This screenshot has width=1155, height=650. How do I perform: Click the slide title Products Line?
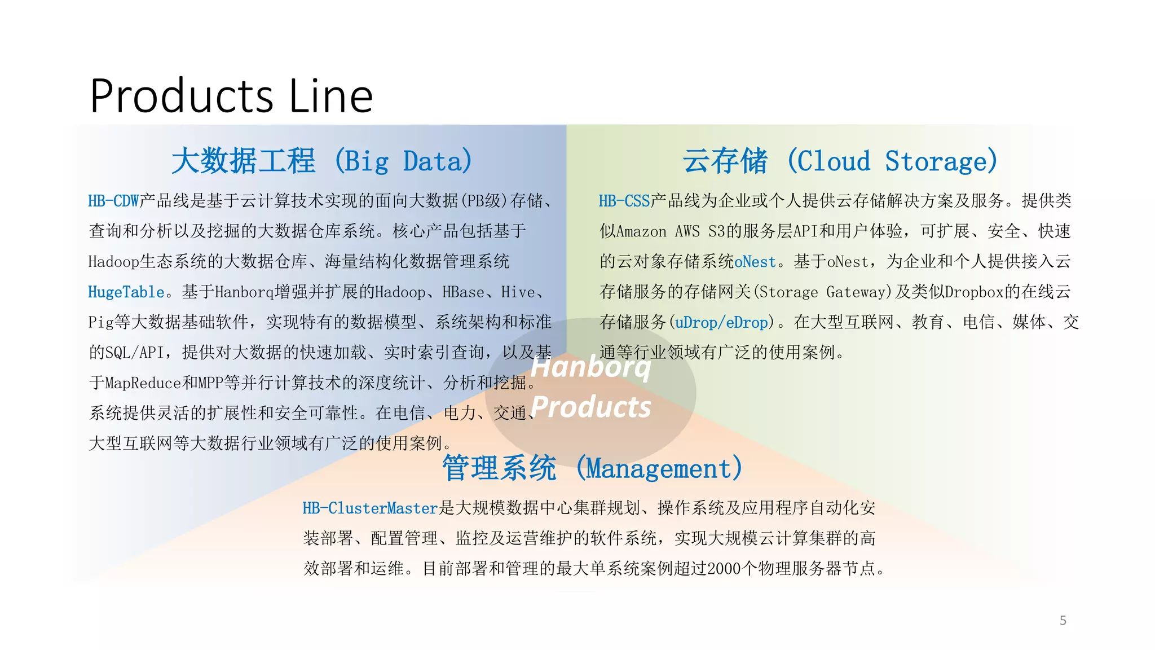[231, 96]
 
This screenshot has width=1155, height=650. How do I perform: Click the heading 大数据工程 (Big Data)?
[321, 161]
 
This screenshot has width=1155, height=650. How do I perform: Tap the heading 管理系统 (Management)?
[592, 468]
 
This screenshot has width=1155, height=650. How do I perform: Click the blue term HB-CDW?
[113, 201]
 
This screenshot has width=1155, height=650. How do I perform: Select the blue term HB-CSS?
[624, 201]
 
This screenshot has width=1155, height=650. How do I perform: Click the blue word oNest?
[755, 262]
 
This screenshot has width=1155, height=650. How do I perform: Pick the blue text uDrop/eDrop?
[721, 323]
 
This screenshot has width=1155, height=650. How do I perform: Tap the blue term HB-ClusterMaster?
[370, 508]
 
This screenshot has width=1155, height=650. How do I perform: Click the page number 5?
[1063, 621]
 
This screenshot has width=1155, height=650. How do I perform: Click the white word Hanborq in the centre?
[591, 367]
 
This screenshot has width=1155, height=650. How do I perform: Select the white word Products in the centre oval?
[591, 407]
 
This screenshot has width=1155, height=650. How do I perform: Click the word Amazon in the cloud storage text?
[641, 231]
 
